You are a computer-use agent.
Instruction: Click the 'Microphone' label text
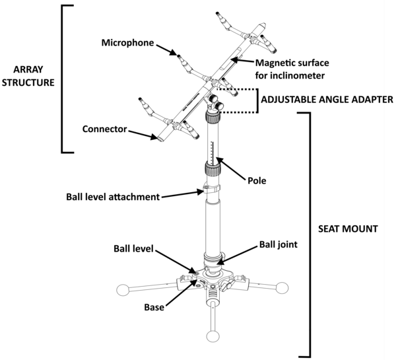click(x=127, y=43)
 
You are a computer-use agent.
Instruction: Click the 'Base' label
click(x=154, y=308)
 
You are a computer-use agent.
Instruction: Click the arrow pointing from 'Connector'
click(x=143, y=134)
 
